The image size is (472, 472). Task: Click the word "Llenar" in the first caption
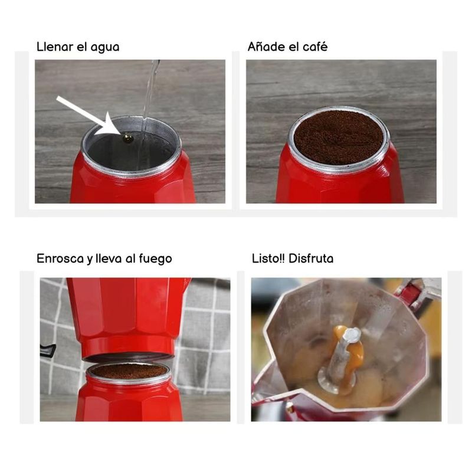click(55, 47)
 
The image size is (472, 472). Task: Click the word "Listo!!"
click(268, 258)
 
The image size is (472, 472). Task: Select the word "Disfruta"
click(311, 258)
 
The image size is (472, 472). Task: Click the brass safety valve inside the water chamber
click(128, 138)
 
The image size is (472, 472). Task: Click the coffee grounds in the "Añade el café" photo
click(339, 137)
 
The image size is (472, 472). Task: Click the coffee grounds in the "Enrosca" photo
click(129, 371)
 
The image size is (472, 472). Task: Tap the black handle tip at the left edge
click(48, 350)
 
